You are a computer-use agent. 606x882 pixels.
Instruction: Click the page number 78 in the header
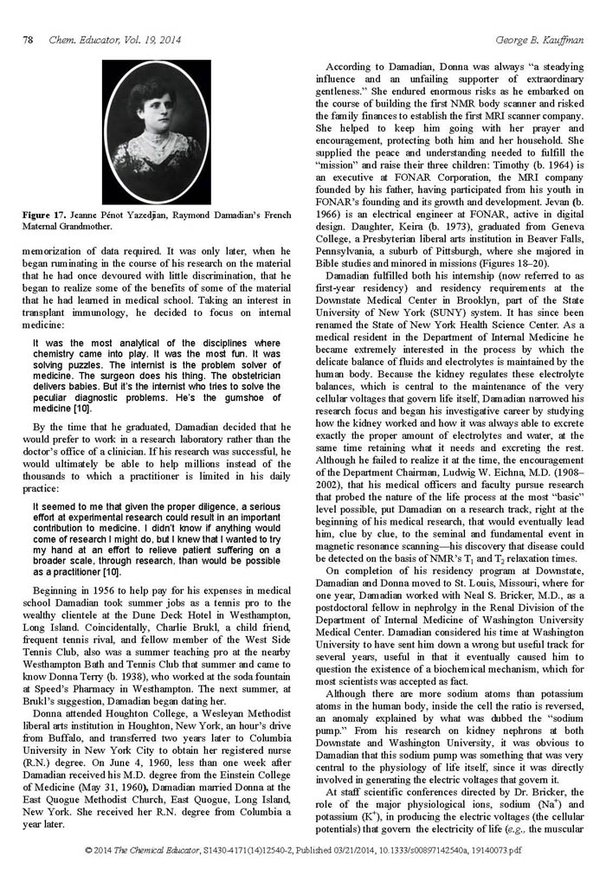[27, 40]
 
